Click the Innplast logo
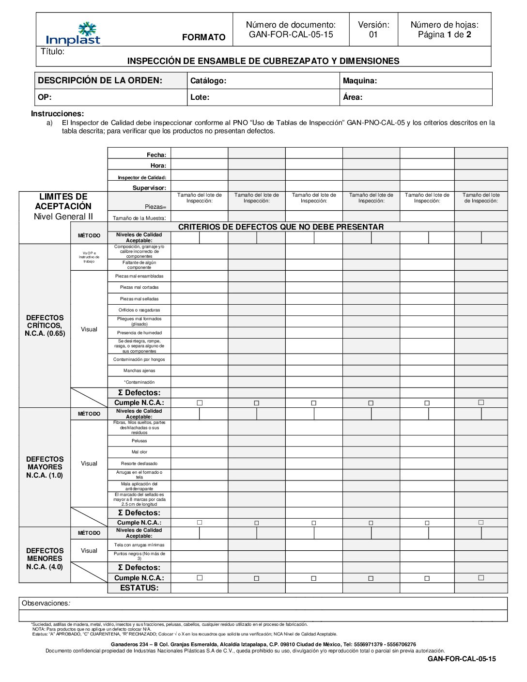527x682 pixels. (x=73, y=34)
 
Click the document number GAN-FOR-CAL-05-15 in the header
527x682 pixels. (x=291, y=34)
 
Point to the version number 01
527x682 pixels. (x=373, y=34)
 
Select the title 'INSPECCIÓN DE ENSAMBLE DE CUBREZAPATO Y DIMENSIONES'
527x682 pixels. (x=263, y=61)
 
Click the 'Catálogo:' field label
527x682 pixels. (x=208, y=81)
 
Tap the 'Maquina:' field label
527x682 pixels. (x=359, y=81)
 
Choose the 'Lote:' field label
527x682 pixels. (x=200, y=97)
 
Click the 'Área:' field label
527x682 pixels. (x=353, y=97)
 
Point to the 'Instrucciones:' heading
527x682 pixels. (x=57, y=114)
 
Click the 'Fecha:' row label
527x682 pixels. (x=156, y=155)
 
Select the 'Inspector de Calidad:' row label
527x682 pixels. (x=142, y=178)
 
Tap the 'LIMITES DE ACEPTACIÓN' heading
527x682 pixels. (x=63, y=201)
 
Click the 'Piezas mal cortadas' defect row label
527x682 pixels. (x=139, y=288)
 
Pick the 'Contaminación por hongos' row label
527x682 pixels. (x=139, y=359)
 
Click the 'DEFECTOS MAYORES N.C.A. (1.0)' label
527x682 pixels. (x=45, y=467)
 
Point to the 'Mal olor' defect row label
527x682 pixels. (x=139, y=452)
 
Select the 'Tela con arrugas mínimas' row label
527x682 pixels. (x=139, y=545)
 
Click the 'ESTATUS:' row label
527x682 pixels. (x=139, y=588)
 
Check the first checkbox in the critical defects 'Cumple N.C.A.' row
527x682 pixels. (x=200, y=403)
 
